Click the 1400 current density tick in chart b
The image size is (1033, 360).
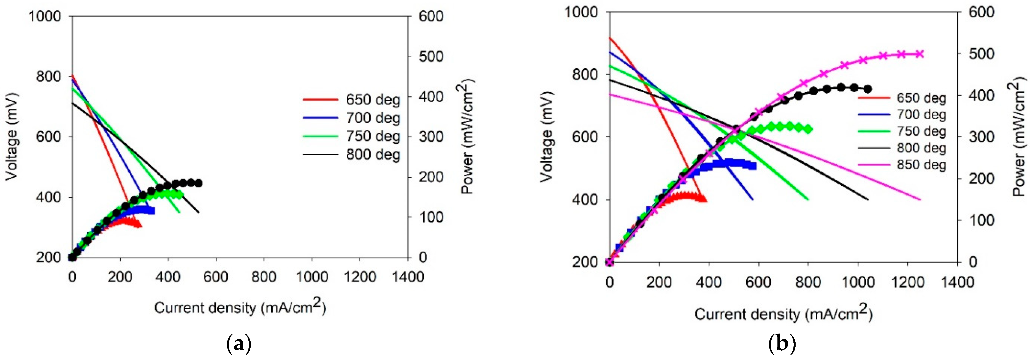957,282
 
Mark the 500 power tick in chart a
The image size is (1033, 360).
431,56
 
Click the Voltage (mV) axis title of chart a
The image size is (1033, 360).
12,136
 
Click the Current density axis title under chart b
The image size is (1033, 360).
783,313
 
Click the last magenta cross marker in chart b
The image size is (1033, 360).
920,54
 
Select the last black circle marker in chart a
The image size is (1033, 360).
198,183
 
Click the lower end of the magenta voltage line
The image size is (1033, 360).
920,199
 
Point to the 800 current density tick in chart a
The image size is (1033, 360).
264,277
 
